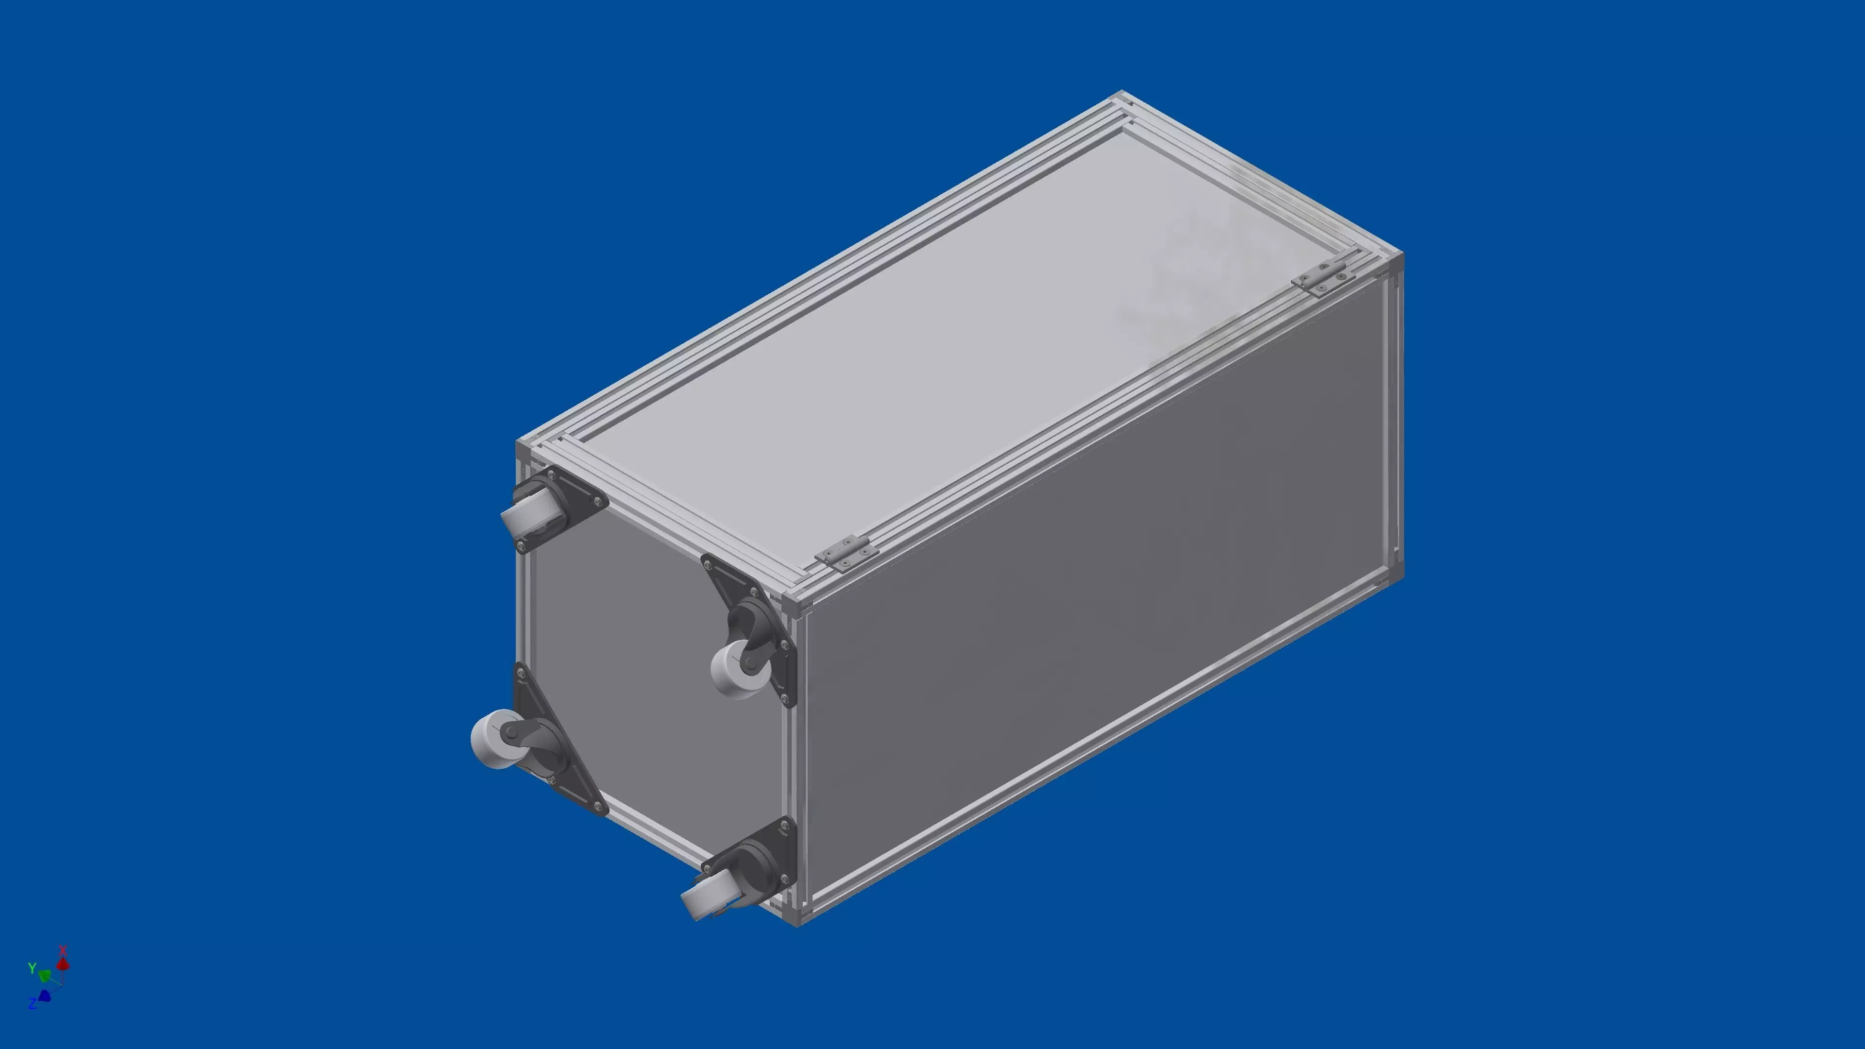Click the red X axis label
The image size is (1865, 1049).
tap(63, 950)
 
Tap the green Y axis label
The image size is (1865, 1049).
tap(31, 968)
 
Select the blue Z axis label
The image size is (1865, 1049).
tap(32, 1003)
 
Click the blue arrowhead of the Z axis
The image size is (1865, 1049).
tap(44, 996)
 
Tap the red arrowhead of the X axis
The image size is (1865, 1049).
tap(64, 964)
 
